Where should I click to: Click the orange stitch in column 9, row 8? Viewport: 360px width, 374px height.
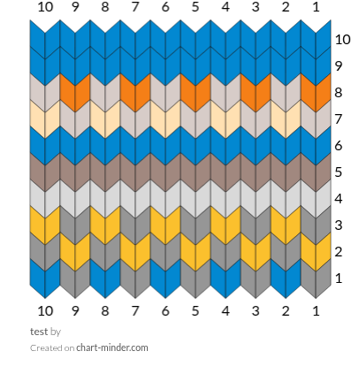coord(75,93)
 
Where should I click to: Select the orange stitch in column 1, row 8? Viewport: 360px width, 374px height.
coord(316,93)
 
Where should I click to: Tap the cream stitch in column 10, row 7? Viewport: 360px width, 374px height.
coord(45,119)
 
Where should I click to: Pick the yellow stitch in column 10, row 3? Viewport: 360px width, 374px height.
coord(45,225)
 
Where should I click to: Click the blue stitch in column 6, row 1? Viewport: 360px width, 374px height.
coord(165,279)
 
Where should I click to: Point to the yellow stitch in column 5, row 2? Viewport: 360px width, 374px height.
coord(195,252)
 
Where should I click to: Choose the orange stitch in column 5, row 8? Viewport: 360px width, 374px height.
coord(195,93)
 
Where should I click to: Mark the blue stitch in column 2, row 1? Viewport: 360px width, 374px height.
coord(286,279)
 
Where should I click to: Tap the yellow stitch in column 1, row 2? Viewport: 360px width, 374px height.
coord(316,252)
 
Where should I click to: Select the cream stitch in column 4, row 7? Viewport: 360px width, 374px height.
coord(226,119)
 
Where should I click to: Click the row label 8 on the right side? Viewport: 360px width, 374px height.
coord(338,93)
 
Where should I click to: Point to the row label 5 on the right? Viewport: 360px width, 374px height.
coord(338,172)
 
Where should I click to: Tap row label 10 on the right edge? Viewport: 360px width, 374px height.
coord(342,39)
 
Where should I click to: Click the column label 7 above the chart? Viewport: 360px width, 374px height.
coord(134,7)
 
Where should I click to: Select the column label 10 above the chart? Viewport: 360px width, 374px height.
coord(45,7)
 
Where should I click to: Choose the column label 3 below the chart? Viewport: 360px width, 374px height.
coord(256,311)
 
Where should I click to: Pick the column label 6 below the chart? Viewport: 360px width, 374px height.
coord(165,311)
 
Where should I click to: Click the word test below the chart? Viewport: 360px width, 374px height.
coord(39,332)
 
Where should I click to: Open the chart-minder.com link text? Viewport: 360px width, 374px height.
coord(112,347)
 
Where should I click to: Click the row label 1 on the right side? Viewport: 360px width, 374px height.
coord(339,279)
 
